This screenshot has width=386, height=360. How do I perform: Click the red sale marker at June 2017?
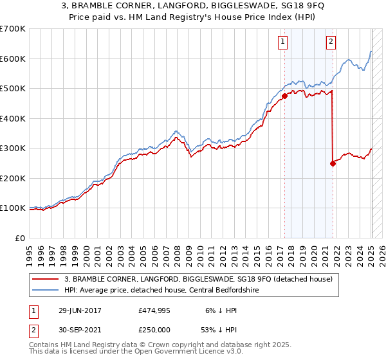tap(284, 96)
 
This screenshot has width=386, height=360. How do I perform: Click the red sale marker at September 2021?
tap(333, 163)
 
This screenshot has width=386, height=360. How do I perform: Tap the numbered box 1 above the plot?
tap(283, 42)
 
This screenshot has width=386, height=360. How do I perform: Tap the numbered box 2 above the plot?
tap(331, 42)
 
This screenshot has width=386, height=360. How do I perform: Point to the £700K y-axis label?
tap(13, 29)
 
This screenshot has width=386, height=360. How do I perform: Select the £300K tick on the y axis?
tap(13, 148)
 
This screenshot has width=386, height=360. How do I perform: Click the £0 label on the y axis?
tap(19, 238)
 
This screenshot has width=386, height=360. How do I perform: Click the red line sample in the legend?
tap(46, 279)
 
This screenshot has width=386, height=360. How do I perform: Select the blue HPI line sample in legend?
tap(46, 290)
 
